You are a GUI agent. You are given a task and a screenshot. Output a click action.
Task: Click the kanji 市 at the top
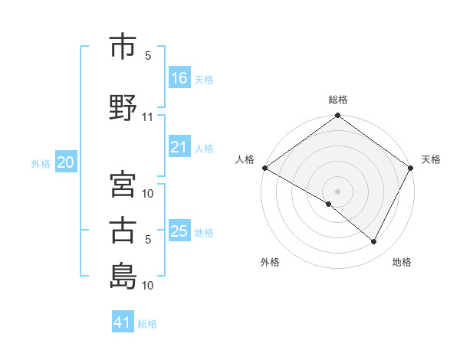click(123, 47)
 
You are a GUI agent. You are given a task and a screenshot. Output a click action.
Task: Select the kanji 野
click(123, 108)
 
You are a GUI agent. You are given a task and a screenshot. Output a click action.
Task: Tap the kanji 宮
click(123, 185)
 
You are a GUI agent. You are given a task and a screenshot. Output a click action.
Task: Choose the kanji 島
click(123, 277)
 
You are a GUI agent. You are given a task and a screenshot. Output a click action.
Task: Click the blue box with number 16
click(179, 78)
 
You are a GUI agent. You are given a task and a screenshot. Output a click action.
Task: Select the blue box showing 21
click(179, 147)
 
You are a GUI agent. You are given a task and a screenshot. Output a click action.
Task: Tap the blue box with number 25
click(179, 231)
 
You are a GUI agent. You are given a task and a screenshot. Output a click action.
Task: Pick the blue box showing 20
click(65, 162)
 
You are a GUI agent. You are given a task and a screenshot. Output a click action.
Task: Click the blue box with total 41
click(123, 322)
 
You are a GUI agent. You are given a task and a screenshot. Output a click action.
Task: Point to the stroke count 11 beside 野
click(148, 117)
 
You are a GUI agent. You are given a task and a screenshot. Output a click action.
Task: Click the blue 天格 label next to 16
click(204, 79)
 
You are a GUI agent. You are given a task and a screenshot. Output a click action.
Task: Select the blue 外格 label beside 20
click(41, 163)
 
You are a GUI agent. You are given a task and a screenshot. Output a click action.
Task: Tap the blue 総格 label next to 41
click(147, 323)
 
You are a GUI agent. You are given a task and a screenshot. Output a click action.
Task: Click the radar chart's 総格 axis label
click(337, 100)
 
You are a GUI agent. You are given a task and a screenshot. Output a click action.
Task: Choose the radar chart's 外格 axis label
click(270, 262)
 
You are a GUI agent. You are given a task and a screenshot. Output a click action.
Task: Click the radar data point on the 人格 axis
click(264, 168)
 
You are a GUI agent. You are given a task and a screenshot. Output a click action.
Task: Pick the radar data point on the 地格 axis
click(374, 242)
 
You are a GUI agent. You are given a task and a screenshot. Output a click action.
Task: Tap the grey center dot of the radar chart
click(337, 191)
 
